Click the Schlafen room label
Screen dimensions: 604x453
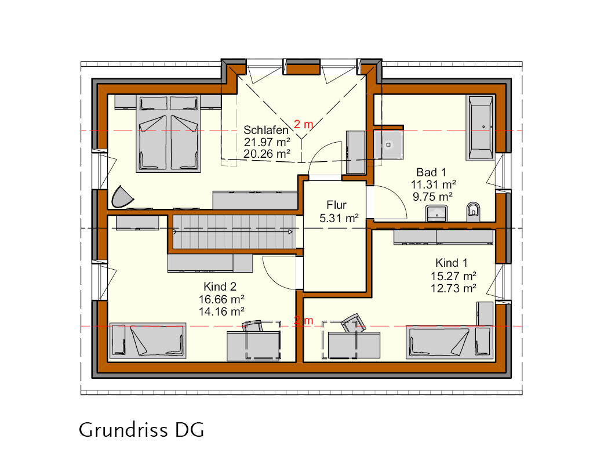[266, 131]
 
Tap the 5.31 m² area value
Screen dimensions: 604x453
[339, 218]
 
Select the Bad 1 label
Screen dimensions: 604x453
[431, 172]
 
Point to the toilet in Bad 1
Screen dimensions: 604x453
[474, 212]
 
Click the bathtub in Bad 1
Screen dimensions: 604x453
[480, 128]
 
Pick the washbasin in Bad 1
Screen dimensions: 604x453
[436, 213]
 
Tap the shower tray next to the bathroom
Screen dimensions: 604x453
[388, 144]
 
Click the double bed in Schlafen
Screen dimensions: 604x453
[169, 133]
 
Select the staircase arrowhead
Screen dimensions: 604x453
[290, 232]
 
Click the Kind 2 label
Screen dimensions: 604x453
[220, 287]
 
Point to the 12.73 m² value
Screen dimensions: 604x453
[453, 288]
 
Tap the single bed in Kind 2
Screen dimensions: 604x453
[148, 341]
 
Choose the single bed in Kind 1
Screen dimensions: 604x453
[449, 342]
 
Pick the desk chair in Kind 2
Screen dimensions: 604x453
[252, 326]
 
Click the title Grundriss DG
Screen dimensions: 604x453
[141, 430]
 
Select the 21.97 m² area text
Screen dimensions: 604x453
[267, 142]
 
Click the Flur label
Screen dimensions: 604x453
[336, 205]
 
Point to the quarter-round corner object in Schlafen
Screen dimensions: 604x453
[122, 197]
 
